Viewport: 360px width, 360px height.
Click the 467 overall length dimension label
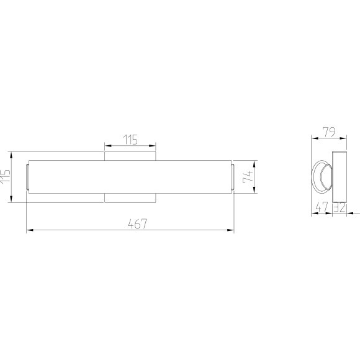(x=137, y=224)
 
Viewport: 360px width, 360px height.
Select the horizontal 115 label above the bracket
(x=130, y=140)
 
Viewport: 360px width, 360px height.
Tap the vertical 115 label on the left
(x=5, y=176)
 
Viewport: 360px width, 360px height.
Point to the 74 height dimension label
(x=248, y=177)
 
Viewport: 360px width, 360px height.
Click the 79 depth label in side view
(x=329, y=132)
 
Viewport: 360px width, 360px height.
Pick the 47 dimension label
(x=322, y=207)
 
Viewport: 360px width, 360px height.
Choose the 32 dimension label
(x=340, y=207)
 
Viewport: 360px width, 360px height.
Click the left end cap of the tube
(x=27, y=177)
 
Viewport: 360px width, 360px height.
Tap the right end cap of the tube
(x=233, y=177)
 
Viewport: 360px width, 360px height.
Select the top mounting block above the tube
(x=130, y=156)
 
